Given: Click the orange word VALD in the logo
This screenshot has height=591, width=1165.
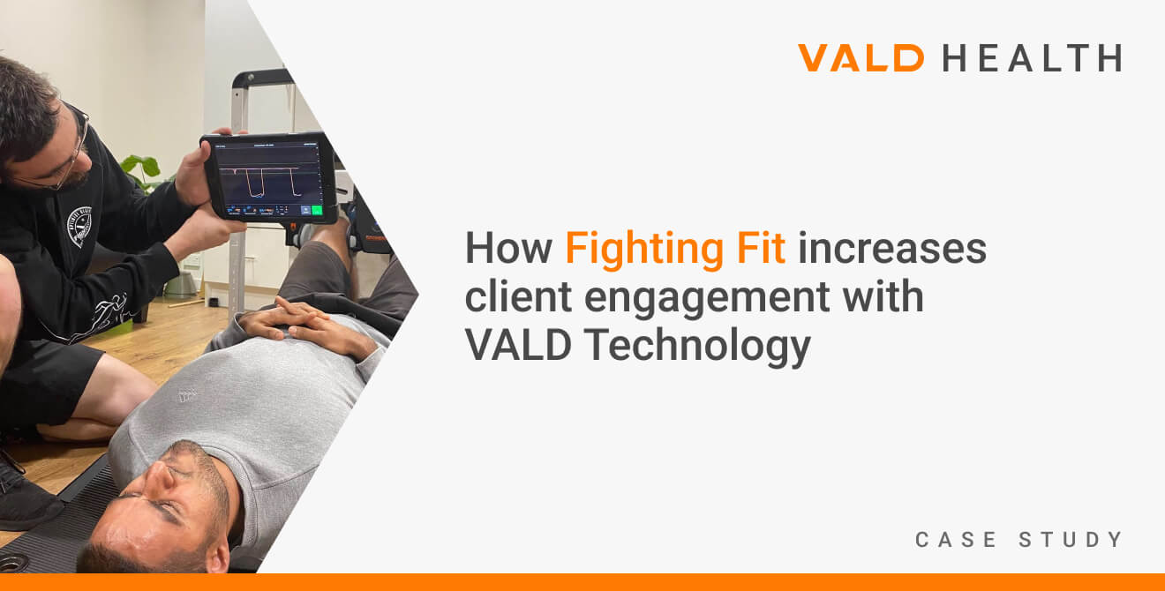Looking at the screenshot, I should (861, 58).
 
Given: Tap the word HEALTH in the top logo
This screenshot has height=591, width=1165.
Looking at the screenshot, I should (1032, 58).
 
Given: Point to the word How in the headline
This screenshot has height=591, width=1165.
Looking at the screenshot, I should (508, 249).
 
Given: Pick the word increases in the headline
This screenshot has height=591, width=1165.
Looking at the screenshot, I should (892, 249).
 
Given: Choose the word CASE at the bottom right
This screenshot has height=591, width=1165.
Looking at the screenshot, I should (953, 540).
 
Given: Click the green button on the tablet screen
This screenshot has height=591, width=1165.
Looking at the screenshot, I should (316, 210).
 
